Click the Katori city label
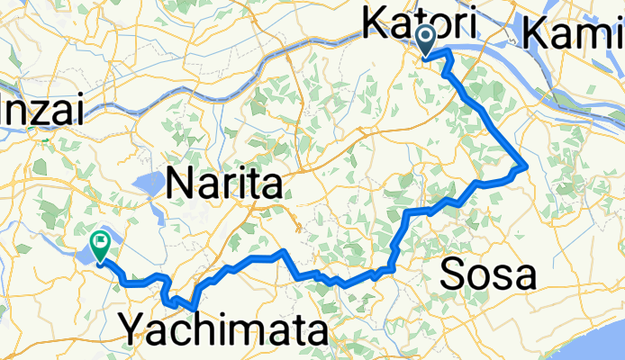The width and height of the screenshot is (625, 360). pos(420,22)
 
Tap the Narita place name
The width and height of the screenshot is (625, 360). pos(225,186)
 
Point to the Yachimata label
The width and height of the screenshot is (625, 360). pos(224,330)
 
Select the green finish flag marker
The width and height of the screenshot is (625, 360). pos(99,243)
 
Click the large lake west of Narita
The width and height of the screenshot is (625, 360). pos(148,185)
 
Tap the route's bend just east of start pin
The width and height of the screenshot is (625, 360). pos(448,56)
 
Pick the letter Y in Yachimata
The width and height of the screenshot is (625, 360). pos(133,330)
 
